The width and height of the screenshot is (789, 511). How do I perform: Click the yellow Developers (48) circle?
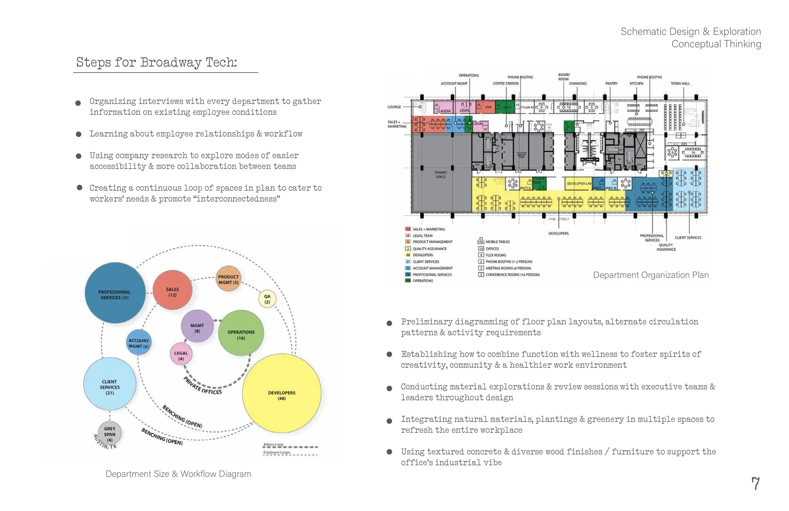pos(282,393)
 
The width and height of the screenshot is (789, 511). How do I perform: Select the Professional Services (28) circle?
pos(115,293)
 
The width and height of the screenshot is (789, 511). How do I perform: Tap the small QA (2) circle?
pos(267,299)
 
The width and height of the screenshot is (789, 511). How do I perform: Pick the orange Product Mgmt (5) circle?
pos(228,279)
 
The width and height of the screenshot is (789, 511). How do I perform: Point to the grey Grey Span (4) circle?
pos(110,433)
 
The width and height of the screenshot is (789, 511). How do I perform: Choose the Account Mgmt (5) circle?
pos(139,342)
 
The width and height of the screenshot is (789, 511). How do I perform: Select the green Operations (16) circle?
pos(241,333)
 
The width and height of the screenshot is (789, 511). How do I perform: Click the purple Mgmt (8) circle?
pos(197,327)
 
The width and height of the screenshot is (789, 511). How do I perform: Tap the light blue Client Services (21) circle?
pos(110,385)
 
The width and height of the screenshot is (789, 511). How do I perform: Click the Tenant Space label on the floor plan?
pos(441,175)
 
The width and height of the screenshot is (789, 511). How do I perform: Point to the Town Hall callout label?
pos(680,84)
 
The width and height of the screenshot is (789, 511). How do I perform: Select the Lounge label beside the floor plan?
pos(394,107)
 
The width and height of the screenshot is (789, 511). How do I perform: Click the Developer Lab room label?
pos(579,183)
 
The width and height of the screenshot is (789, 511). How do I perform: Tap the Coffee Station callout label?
pos(505,84)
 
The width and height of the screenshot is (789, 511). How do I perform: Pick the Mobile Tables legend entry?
pos(497,242)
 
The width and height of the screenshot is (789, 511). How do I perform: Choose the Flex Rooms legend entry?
pos(495,255)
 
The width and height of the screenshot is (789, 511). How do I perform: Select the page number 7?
pos(755,484)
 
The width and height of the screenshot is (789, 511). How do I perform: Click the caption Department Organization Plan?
pos(650,275)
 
